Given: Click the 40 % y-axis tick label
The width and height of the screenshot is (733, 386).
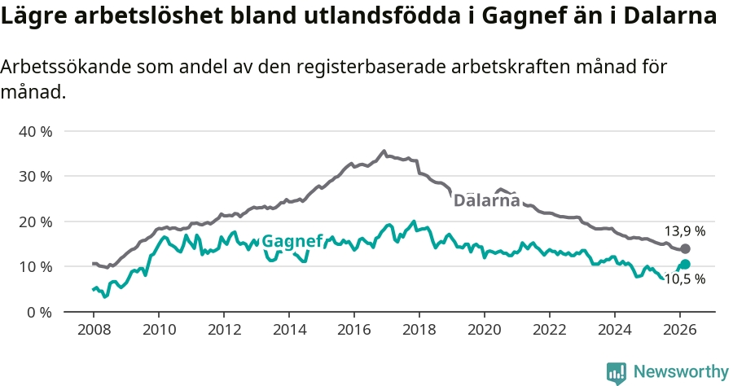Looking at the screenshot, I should pos(36,131).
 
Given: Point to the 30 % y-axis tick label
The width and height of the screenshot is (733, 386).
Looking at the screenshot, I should pos(36,176).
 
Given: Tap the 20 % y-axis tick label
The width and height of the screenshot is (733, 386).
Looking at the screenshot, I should pos(36,222).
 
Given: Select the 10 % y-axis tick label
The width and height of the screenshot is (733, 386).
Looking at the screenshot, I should pos(36,266).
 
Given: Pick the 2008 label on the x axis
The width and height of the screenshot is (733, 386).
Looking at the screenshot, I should pos(94,330).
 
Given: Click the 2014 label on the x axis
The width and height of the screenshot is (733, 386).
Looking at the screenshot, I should pos(289,330).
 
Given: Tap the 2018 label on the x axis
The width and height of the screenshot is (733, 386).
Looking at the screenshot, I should pos(419,330).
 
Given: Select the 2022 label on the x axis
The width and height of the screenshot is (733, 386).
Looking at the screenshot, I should pos(550,330).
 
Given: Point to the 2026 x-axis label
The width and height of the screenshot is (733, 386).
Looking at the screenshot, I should pos(680,330).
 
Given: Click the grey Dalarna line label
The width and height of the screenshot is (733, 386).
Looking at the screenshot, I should pos(486,200).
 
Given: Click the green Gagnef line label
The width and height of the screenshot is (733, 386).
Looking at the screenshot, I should pos(292,241).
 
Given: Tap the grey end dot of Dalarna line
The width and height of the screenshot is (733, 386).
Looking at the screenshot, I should pos(685,248).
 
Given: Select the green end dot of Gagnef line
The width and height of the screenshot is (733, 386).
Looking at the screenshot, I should pos(685,264).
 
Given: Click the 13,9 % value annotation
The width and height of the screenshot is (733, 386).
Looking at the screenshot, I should pos(684,231).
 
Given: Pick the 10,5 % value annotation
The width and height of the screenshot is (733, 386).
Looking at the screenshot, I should pos(684,279).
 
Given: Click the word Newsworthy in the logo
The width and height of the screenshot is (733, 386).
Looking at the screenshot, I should pos(681,372).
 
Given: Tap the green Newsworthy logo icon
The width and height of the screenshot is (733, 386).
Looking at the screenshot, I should pos(617,373).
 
